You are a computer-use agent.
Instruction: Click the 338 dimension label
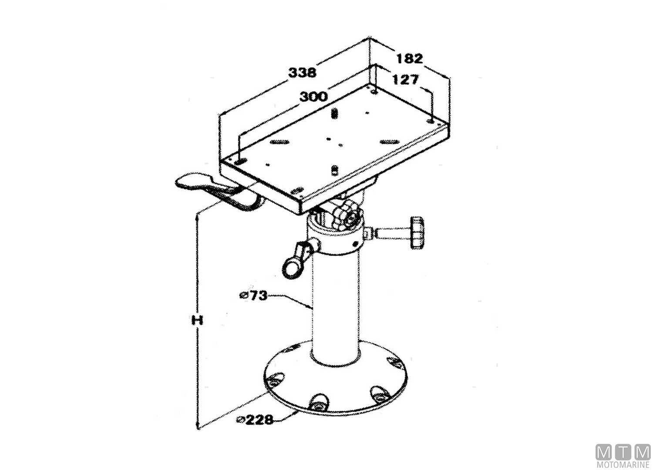303,72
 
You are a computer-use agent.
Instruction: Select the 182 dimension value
409,58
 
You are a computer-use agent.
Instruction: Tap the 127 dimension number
405,80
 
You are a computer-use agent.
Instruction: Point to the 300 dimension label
313,96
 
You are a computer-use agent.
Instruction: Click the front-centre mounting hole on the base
317,403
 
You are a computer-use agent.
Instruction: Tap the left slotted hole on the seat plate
279,142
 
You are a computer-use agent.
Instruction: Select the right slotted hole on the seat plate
389,141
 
